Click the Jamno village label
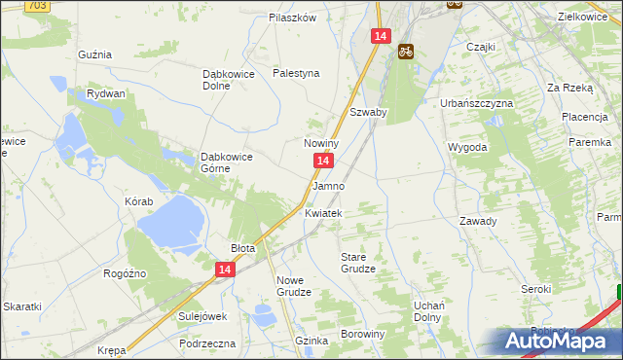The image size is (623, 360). point(328,185)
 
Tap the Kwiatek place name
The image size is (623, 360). point(323,212)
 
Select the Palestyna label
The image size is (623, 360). point(296,73)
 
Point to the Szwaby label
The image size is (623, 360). point(369,112)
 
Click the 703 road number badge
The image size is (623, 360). point(37,5)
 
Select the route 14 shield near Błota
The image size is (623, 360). point(225,270)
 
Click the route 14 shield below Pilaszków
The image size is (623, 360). point(380,36)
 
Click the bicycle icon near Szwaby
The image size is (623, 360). point(404,53)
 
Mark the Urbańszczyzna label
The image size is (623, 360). point(478,101)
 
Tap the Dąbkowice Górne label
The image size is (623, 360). point(228,162)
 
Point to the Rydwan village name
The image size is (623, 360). point(105,93)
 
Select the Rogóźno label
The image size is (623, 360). point(124,273)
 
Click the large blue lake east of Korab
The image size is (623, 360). point(170,223)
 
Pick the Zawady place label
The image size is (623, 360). point(478,221)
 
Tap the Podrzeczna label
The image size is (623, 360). point(207,343)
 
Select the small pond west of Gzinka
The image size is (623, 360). point(263,314)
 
